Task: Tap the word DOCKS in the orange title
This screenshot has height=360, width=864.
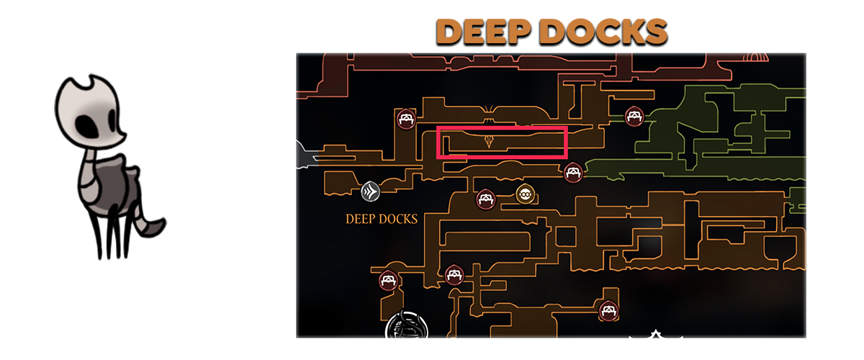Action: pos(606,31)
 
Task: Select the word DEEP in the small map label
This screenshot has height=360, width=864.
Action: pos(360,219)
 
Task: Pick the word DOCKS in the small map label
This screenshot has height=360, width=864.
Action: pos(398,219)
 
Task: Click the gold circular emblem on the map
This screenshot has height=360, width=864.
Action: pos(525,194)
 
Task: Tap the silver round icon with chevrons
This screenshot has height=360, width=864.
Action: pos(370,192)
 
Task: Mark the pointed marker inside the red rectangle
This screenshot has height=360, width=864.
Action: pos(489,141)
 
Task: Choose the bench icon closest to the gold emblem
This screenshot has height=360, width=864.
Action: pos(485,199)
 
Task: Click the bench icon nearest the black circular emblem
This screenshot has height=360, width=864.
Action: pos(388,280)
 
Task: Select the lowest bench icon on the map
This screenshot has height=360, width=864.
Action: pos(608,310)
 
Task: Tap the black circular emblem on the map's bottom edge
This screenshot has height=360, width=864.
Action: pos(407,325)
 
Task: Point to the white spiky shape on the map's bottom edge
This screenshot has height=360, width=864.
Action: pos(655,334)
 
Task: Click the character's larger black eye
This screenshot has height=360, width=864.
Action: pos(88,127)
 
